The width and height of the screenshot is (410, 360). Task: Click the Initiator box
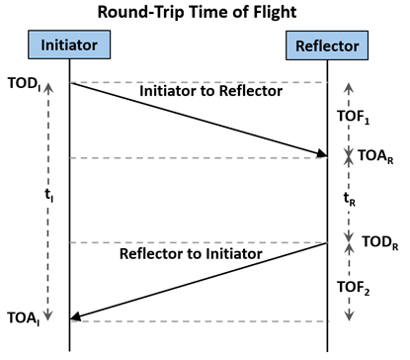(x=69, y=45)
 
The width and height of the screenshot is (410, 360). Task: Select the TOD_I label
(x=23, y=81)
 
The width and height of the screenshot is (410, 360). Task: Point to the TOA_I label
(x=23, y=318)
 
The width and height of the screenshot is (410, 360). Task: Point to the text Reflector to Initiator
(x=190, y=254)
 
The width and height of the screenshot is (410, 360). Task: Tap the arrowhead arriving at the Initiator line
(x=75, y=316)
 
